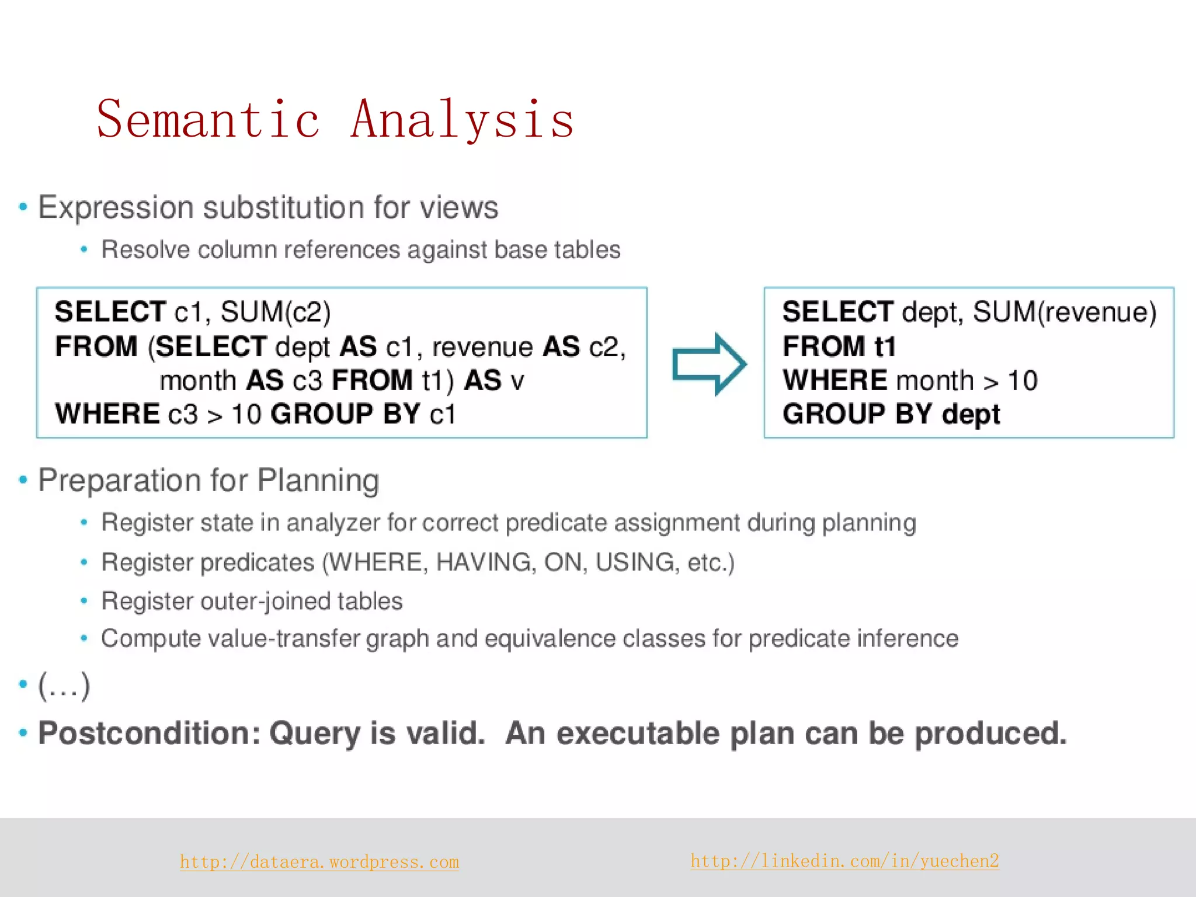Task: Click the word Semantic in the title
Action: pos(208,120)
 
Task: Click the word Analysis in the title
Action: pos(462,120)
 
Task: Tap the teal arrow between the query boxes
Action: pos(709,364)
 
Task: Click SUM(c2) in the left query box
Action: pos(275,312)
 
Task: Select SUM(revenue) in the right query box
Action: pos(1064,312)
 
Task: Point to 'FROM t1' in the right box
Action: pos(839,346)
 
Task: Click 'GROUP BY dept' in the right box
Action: pos(891,414)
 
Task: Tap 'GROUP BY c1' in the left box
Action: pos(363,414)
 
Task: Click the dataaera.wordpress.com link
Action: pos(319,862)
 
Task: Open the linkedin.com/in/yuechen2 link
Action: pos(844,861)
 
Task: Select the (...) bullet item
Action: pos(64,686)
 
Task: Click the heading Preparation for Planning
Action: pos(208,481)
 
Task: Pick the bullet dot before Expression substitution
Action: pos(23,207)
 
